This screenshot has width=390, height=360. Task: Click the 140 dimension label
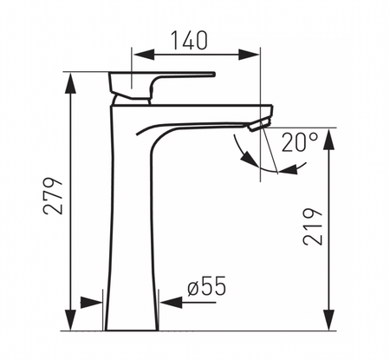click(190, 40)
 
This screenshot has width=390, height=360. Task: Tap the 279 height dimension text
click(53, 196)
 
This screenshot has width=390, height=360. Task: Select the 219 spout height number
click(313, 226)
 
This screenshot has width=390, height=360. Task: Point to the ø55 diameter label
click(207, 285)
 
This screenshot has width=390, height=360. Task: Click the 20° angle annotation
click(300, 142)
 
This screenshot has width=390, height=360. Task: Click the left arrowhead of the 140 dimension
click(144, 55)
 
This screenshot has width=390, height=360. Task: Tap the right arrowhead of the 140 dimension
click(248, 55)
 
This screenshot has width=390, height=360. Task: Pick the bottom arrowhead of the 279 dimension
click(70, 320)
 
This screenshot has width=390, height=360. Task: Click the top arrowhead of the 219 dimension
click(328, 139)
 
